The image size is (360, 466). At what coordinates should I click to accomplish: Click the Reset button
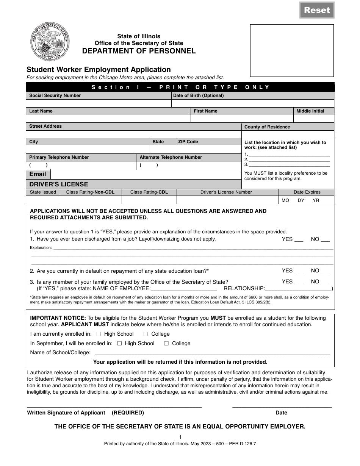coord(317,10)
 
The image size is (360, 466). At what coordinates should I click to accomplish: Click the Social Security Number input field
coord(99,103)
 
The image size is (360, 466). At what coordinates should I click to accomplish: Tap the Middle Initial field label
coord(310,111)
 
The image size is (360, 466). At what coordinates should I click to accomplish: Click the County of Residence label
coord(267,127)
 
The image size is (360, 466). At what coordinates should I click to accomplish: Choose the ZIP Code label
coord(188,142)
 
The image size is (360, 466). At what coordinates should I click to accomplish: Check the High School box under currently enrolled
coord(99,334)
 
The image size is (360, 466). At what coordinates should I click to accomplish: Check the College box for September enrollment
coord(166,344)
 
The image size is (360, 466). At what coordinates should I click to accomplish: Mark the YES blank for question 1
coord(299,240)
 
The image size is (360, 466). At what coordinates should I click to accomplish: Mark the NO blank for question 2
coord(325,271)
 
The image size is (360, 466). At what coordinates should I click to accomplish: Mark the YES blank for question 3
coord(299,282)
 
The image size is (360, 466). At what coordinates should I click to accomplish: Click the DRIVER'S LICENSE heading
coord(59,184)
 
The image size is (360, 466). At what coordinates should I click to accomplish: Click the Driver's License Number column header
coord(226,192)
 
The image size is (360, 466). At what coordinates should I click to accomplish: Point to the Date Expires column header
coord(307,192)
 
